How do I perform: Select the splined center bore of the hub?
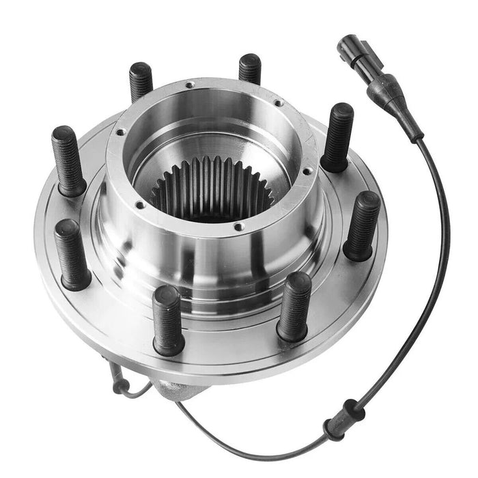(212, 188)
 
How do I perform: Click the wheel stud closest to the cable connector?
(338, 137)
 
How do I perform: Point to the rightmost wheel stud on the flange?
(362, 225)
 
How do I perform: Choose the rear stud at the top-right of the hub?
(250, 69)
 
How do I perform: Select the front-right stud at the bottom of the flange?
(294, 306)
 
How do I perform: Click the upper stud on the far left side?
(68, 160)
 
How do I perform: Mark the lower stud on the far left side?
(72, 253)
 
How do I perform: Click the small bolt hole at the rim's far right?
(308, 171)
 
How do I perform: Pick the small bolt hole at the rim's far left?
(120, 132)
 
